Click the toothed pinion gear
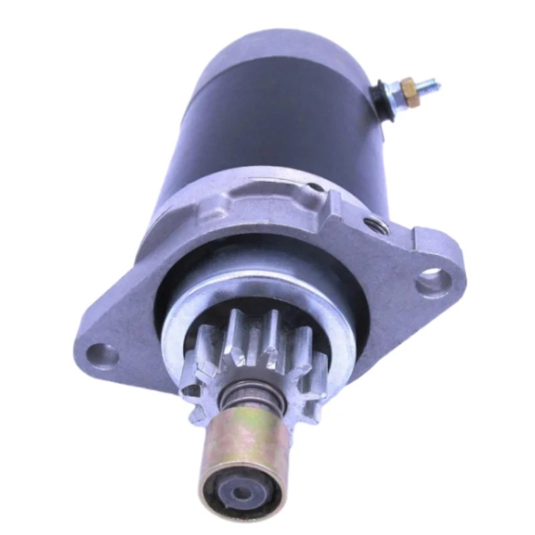254,361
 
